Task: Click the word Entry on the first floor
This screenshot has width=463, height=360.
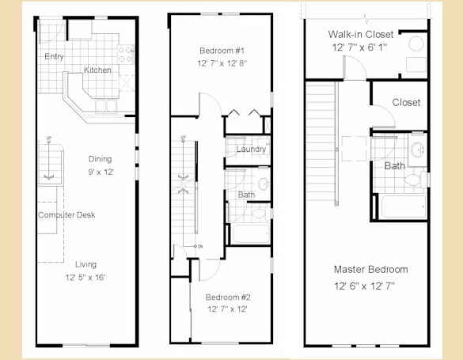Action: click(x=55, y=56)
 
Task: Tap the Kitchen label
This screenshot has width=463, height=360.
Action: click(x=98, y=70)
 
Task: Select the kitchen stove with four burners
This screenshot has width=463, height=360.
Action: click(x=127, y=54)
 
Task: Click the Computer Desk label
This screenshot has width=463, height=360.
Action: click(x=66, y=215)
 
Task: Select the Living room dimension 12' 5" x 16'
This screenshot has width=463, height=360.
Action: click(x=85, y=278)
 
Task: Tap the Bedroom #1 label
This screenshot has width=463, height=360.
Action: click(x=221, y=50)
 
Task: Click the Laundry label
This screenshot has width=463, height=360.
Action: click(x=251, y=149)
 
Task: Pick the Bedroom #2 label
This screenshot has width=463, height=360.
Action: click(x=228, y=297)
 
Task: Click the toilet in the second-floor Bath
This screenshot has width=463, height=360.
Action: click(x=258, y=212)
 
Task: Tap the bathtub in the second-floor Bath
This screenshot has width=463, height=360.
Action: click(x=250, y=234)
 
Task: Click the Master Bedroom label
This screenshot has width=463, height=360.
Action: click(x=370, y=269)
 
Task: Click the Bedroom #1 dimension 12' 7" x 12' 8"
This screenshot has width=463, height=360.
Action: click(x=221, y=64)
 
